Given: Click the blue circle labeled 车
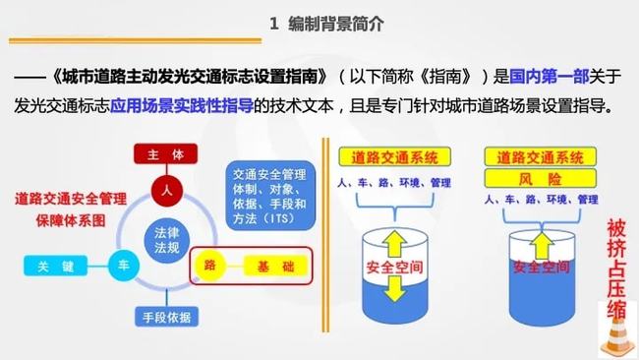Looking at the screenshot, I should click(124, 265).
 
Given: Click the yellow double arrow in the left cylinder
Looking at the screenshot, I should click(392, 264).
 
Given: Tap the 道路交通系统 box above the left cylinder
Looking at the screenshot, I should click(392, 157).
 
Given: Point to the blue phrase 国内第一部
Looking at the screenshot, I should click(545, 78).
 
